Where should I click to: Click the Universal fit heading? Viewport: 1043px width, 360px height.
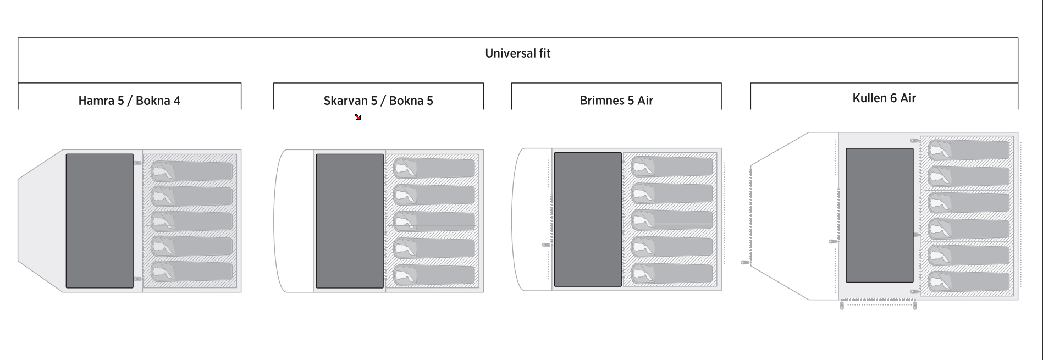pyautogui.click(x=517, y=53)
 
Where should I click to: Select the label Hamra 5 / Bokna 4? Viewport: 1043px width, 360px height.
pyautogui.click(x=129, y=101)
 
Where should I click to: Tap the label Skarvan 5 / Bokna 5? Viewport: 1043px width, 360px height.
pyautogui.click(x=378, y=101)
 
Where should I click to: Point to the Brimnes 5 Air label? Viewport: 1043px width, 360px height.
pyautogui.click(x=616, y=101)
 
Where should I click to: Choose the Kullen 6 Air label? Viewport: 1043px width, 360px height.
pyautogui.click(x=884, y=98)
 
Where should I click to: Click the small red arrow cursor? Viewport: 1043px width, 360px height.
pyautogui.click(x=358, y=117)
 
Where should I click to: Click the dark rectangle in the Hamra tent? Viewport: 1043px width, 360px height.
pyautogui.click(x=100, y=221)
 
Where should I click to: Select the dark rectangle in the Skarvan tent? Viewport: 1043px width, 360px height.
pyautogui.click(x=350, y=221)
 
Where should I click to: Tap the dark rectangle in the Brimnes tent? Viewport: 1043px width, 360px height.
pyautogui.click(x=588, y=219)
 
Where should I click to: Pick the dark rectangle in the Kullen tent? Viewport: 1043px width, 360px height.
pyautogui.click(x=880, y=215)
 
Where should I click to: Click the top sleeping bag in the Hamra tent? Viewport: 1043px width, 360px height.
pyautogui.click(x=192, y=170)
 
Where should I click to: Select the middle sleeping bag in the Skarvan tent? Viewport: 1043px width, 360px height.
pyautogui.click(x=434, y=221)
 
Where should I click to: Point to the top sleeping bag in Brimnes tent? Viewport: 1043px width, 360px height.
pyautogui.click(x=672, y=166)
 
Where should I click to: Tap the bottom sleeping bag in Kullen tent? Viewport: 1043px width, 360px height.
pyautogui.click(x=969, y=281)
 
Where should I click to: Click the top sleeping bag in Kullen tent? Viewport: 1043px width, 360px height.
pyautogui.click(x=969, y=150)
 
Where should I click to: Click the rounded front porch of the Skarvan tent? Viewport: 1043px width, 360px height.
pyautogui.click(x=294, y=221)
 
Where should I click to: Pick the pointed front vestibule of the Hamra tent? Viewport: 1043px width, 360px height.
pyautogui.click(x=42, y=221)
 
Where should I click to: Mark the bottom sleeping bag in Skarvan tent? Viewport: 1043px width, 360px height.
pyautogui.click(x=434, y=275)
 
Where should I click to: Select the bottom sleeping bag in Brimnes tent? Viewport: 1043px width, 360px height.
pyautogui.click(x=672, y=273)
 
